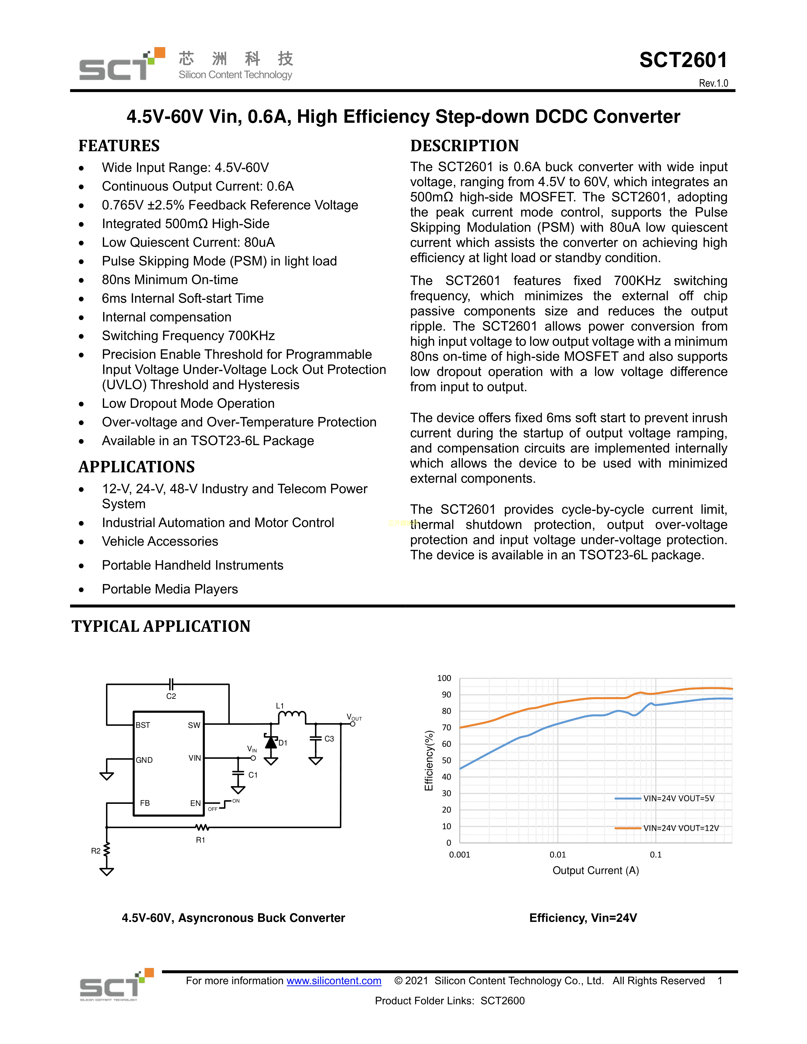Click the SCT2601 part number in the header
683,60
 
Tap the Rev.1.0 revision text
713,83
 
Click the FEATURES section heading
119,146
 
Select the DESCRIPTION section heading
464,146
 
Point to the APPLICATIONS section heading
137,467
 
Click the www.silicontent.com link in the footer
334,981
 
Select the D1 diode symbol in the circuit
271,743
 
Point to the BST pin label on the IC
143,725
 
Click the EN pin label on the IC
195,803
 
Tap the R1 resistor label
201,840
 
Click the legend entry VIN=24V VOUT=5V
679,798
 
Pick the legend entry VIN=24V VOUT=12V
681,828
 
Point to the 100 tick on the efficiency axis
444,678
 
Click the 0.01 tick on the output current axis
557,855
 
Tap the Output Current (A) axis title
596,871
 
